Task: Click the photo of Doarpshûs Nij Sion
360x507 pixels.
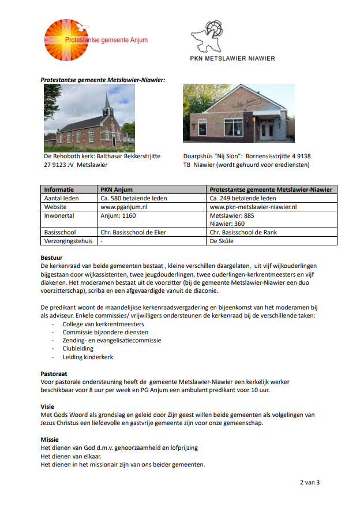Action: pyautogui.click(x=238, y=114)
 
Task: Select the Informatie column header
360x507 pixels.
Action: pyautogui.click(x=59, y=189)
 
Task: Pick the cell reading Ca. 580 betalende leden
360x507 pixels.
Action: pyautogui.click(x=133, y=198)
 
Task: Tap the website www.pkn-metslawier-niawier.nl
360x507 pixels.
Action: pyautogui.click(x=253, y=206)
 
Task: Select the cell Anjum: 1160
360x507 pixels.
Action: pyautogui.click(x=118, y=215)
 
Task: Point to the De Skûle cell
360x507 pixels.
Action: pyautogui.click(x=222, y=241)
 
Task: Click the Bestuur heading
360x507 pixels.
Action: pyautogui.click(x=51, y=258)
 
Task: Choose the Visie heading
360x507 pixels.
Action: pyautogui.click(x=47, y=407)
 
